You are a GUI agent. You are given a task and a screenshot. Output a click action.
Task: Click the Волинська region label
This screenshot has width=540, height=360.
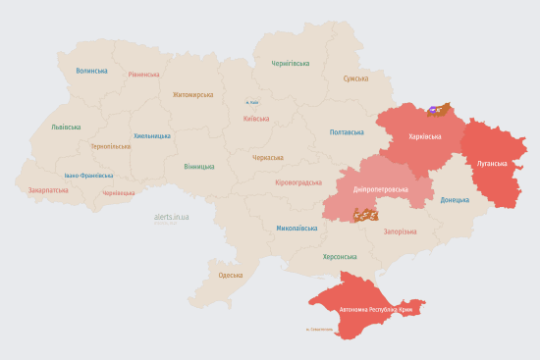tap(91, 71)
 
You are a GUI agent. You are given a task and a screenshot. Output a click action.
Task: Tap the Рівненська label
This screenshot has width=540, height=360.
tap(143, 75)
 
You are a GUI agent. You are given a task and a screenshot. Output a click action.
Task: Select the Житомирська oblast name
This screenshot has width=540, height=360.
tap(192, 95)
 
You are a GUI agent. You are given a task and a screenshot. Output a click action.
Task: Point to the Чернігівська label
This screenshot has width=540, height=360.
tap(291, 63)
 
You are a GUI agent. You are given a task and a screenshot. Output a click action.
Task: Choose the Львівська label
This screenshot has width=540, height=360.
tap(67, 128)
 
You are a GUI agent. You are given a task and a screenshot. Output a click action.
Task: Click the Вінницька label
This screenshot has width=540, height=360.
tap(200, 167)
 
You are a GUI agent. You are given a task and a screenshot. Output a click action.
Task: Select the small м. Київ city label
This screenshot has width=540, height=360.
tap(252, 102)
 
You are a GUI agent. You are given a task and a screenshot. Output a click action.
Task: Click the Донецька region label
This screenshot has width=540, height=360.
tap(455, 200)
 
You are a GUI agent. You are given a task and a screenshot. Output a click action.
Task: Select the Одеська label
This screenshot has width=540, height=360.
tap(230, 276)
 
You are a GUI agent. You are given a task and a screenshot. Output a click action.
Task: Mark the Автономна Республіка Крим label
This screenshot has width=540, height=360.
tap(378, 310)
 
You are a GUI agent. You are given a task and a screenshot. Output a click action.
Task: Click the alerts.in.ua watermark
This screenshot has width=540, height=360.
tap(172, 217)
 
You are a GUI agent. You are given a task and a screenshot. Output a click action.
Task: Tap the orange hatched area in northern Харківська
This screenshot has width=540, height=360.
tap(440, 111)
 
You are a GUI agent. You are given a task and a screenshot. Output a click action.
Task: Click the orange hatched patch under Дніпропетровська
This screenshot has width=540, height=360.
tap(366, 213)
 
